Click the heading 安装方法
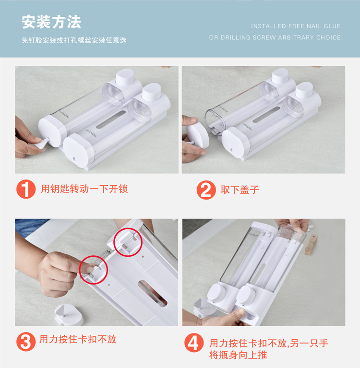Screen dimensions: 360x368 tap(51, 22)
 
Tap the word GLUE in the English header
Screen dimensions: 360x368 tap(332, 26)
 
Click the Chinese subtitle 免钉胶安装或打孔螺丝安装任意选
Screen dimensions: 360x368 tap(74, 40)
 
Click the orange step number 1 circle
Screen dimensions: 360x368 tap(26, 189)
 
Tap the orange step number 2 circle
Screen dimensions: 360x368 tap(206, 190)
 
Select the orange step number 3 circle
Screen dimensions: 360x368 tap(26, 342)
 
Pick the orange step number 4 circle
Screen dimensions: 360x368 tap(194, 343)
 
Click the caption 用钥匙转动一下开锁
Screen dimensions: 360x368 tap(84, 189)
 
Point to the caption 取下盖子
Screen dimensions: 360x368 tap(240, 190)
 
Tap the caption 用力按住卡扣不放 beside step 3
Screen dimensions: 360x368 tap(78, 339)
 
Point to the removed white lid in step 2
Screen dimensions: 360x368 tap(198, 133)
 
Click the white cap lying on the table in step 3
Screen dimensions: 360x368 tap(69, 315)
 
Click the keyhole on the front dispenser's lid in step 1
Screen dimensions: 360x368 tap(74, 159)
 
